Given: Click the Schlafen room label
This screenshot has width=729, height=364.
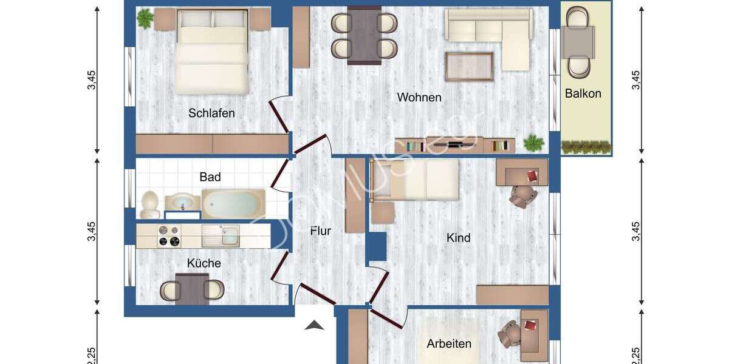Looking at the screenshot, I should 211,113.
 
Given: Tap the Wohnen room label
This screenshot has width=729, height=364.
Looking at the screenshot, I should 419,97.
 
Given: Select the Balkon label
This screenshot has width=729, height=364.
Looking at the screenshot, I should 583,93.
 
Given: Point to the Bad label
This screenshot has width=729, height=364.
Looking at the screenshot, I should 210,177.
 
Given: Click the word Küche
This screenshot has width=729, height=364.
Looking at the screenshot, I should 204,263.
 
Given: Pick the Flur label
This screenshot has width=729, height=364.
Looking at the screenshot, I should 321,231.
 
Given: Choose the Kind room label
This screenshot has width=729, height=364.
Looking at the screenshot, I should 459,238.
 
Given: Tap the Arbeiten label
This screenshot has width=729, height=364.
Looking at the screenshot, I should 449,344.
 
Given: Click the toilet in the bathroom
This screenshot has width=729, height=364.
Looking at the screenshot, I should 151,204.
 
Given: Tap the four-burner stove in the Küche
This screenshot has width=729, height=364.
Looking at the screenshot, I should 169,236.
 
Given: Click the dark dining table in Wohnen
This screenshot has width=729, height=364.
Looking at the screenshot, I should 364,35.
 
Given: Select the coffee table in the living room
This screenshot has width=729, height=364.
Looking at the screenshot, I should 468,66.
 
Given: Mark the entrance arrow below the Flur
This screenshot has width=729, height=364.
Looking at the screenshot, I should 314,326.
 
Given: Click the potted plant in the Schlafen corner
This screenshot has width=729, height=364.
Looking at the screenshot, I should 145,18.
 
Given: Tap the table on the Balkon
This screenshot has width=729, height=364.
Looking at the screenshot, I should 578,41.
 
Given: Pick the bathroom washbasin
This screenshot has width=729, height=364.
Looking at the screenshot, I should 182,202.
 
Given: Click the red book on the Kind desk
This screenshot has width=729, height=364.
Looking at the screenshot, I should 533,176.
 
